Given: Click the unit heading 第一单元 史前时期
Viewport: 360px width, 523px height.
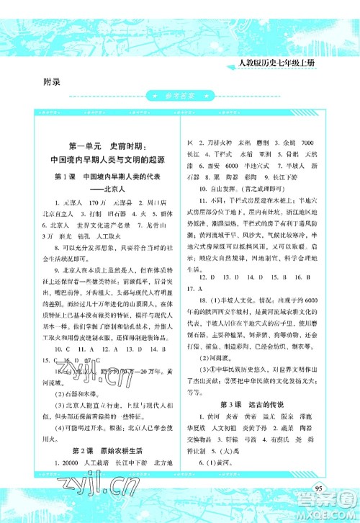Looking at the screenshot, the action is pos(105,146).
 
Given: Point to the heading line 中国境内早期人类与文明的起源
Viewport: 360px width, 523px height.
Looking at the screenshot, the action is pos(105,161).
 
